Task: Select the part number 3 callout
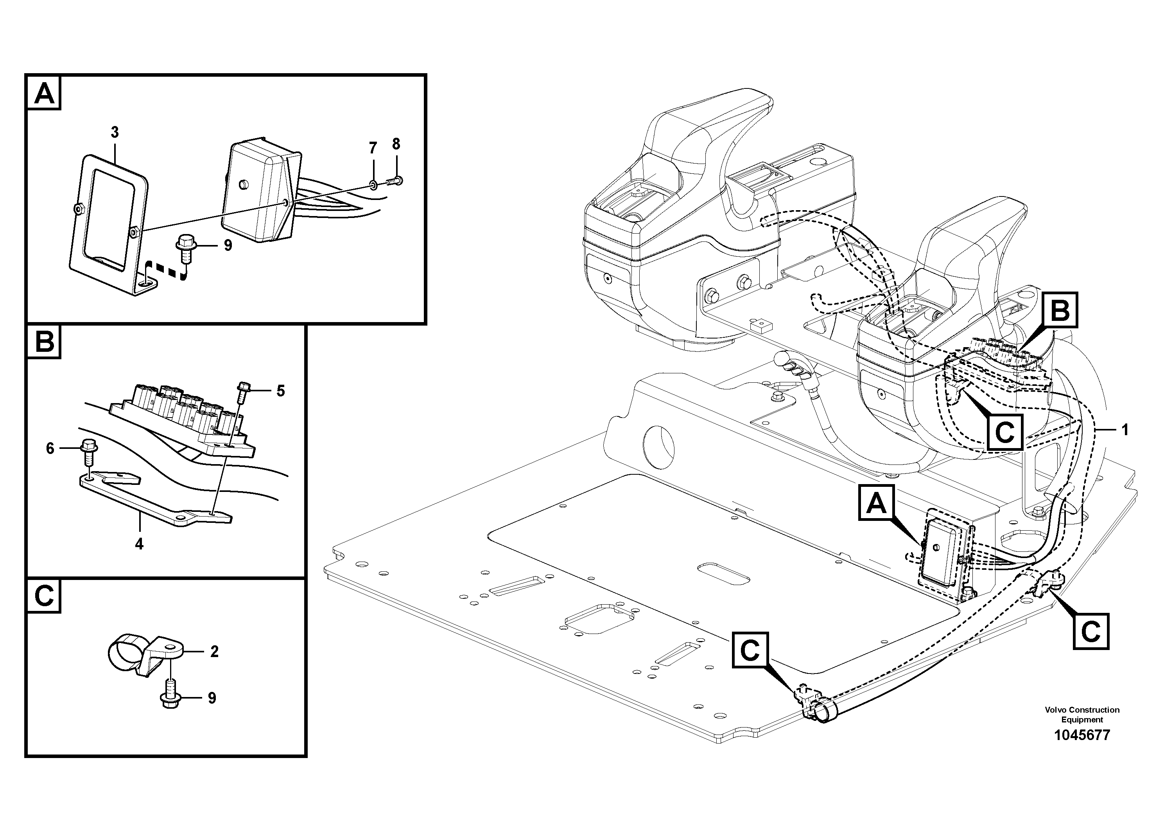(115, 132)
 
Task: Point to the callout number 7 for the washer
(373, 148)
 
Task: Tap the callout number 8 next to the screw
(396, 144)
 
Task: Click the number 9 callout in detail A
(228, 246)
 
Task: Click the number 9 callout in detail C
(212, 698)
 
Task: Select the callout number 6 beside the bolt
(50, 448)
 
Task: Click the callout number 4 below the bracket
(139, 544)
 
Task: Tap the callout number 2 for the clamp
(214, 652)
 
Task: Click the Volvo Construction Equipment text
(1082, 715)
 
